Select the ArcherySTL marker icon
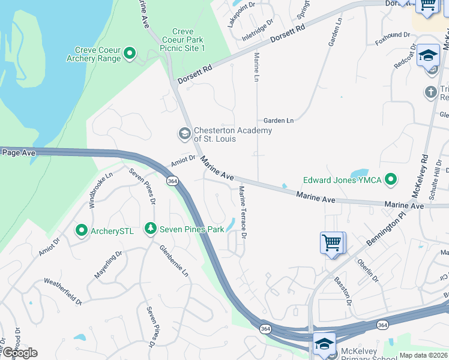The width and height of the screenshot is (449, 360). point(81,230)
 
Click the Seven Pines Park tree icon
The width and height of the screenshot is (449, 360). point(151,229)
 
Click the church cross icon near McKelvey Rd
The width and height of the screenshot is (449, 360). point(430,92)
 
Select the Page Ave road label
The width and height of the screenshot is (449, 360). point(19,153)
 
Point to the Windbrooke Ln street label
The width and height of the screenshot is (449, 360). point(100,190)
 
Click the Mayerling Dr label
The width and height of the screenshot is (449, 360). point(108,266)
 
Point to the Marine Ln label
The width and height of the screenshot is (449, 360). point(256,67)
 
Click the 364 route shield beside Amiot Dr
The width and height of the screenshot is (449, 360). point(172,181)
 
